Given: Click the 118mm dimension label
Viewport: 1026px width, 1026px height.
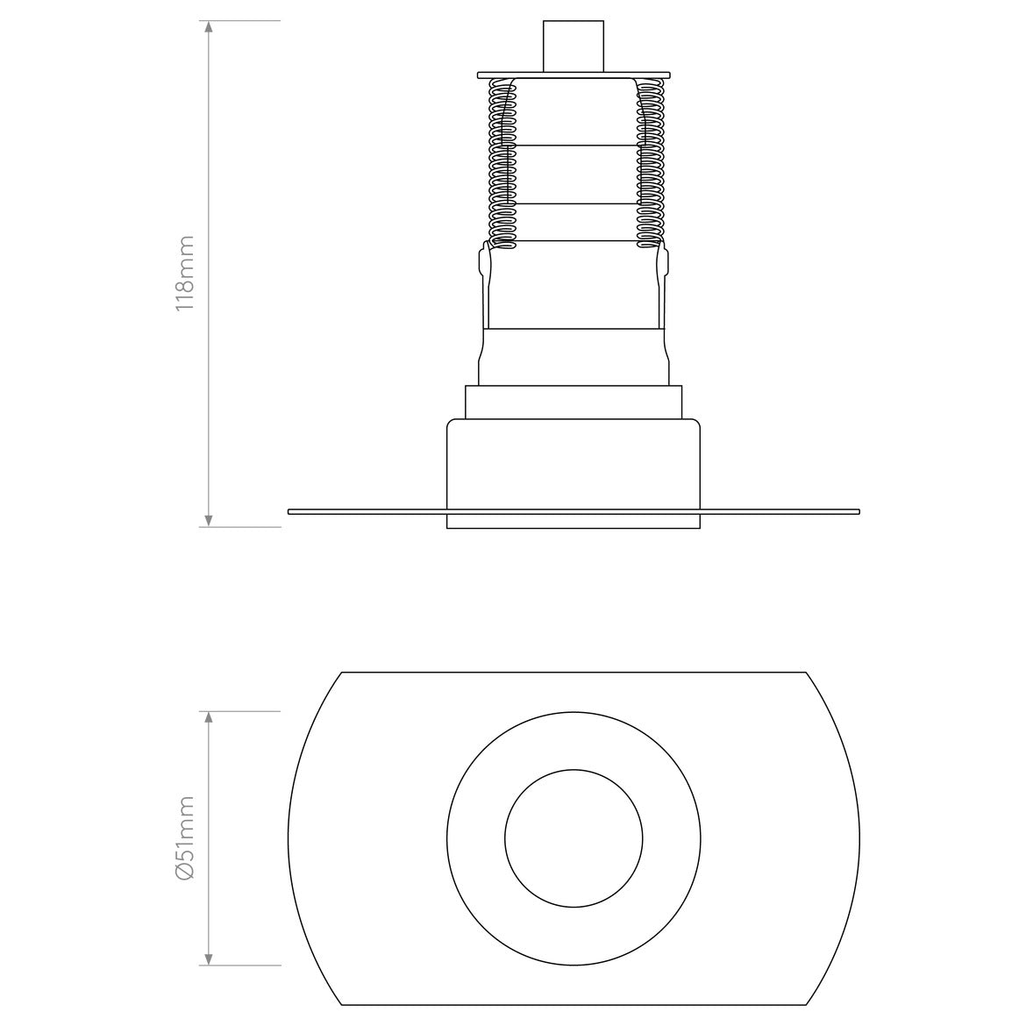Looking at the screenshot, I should point(185,274).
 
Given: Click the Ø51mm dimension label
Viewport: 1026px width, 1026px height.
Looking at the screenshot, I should point(185,837).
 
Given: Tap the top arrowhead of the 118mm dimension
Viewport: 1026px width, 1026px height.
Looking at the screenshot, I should point(209,27).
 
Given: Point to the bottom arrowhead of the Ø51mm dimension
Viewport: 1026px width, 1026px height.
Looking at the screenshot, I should point(209,958).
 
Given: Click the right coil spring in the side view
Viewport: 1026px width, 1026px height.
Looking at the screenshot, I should point(649,162).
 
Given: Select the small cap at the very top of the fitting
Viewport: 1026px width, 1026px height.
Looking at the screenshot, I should point(574,46).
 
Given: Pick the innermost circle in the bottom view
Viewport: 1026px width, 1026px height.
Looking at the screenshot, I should point(574,837).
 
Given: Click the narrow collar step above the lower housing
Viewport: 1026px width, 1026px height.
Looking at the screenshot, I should point(574,403).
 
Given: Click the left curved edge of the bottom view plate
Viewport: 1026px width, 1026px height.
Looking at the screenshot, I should point(289,837).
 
